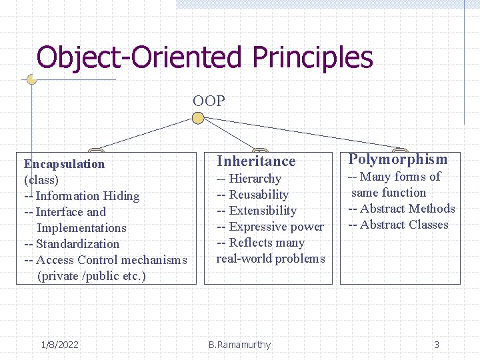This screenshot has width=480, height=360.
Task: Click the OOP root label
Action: point(209,101)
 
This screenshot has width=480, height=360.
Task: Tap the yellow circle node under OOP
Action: point(198,119)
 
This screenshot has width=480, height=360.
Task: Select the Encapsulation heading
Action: point(64,164)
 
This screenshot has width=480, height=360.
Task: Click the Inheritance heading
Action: point(256,161)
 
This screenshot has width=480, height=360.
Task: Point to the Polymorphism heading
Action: point(398,159)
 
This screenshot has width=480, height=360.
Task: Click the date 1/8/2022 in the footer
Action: point(59,345)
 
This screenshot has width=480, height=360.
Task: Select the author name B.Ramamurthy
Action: point(239,345)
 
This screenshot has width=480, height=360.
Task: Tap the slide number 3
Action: point(437,345)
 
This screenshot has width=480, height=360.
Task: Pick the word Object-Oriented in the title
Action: point(139,57)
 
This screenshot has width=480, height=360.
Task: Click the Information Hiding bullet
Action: point(81,196)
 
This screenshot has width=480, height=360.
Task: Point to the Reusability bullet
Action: point(252,195)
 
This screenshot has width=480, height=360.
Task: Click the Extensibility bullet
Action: point(256,211)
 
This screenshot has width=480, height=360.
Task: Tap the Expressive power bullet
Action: point(269,227)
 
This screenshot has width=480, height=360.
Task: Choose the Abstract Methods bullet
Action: point(401,209)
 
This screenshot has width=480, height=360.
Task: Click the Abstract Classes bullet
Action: point(398,225)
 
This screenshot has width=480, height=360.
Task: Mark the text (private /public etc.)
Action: point(92,276)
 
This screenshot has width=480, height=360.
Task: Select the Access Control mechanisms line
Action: point(105,260)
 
